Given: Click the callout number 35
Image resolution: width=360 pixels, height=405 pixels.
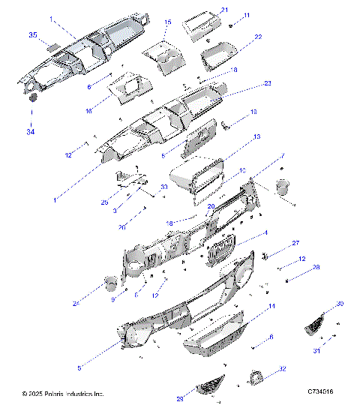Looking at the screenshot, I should click(x=32, y=35).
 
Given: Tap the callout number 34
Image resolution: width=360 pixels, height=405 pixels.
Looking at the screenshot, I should click(x=31, y=132).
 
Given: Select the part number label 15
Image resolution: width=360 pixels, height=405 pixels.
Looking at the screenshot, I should click(x=168, y=22).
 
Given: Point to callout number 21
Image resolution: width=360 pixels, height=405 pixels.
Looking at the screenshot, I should click(x=224, y=10).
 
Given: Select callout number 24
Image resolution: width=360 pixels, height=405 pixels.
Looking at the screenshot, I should click(x=76, y=303).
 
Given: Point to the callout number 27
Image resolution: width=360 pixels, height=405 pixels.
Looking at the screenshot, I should click(x=295, y=243).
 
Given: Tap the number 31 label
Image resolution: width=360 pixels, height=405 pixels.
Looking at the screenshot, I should click(x=316, y=351).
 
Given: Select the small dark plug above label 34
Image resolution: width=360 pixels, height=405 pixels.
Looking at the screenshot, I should click(x=33, y=97).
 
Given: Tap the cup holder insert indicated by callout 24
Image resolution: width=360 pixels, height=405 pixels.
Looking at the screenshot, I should click(x=110, y=283).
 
